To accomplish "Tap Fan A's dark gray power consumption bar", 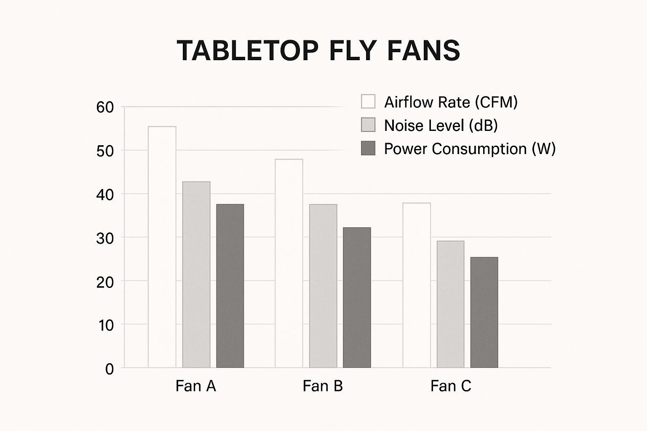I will coord(230,286).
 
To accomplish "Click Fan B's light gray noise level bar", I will coord(323,286).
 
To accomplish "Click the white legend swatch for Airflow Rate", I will coord(368,102).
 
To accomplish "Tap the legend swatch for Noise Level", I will coord(368,125).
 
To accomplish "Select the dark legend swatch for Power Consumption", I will coord(368,148).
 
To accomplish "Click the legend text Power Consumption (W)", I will coord(470,149).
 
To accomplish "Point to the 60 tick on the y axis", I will coord(105,107).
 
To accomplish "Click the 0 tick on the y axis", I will coord(110,369).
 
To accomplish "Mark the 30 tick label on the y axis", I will coord(105,239).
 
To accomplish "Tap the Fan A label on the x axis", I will coord(196,386).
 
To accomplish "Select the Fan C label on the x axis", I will coord(451,386).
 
